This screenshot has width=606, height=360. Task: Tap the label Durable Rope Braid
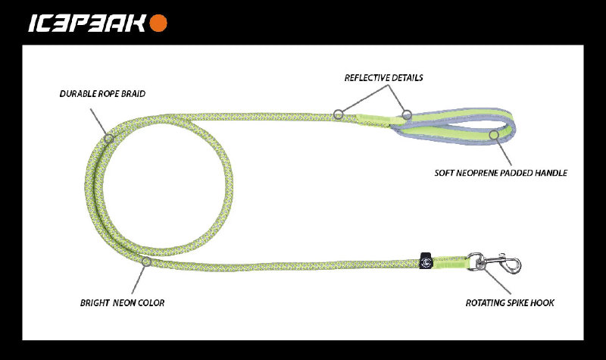tap(102, 94)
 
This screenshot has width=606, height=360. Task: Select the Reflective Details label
tap(383, 78)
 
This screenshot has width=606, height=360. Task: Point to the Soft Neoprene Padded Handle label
tap(501, 173)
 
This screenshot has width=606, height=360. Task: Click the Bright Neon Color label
tap(122, 303)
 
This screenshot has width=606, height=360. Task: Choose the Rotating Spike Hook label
tap(510, 303)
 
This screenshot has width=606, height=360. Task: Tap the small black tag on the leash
tap(426, 259)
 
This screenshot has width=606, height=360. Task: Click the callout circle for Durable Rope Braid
tap(109, 139)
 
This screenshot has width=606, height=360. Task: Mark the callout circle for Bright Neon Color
tap(146, 263)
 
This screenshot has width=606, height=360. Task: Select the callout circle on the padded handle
tap(493, 135)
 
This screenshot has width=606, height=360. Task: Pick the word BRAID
tap(133, 94)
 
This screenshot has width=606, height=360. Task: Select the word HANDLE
tap(551, 173)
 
